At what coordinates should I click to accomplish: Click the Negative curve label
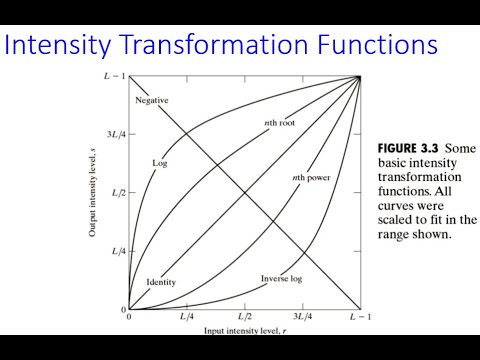point(151,100)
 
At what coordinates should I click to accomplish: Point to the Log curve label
point(158,162)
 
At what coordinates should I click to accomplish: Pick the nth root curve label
point(268,122)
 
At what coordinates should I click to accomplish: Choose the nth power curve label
point(310,178)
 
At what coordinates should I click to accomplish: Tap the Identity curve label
point(160,282)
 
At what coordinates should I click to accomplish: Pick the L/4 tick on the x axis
point(187,317)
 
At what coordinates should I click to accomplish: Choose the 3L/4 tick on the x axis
point(302,317)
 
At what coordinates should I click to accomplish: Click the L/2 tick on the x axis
point(244,317)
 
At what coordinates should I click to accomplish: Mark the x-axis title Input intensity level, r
point(244,329)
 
